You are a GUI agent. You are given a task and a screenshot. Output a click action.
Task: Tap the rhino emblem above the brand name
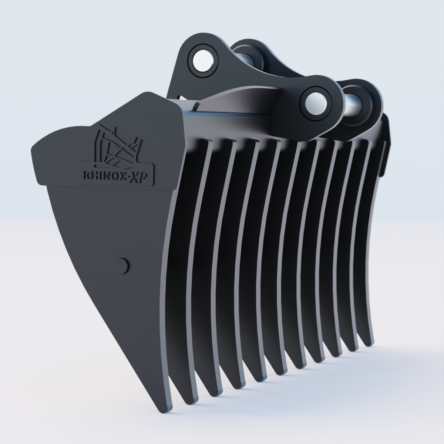tap(116, 147)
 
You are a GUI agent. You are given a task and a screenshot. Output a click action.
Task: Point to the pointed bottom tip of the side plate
tap(166, 410)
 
